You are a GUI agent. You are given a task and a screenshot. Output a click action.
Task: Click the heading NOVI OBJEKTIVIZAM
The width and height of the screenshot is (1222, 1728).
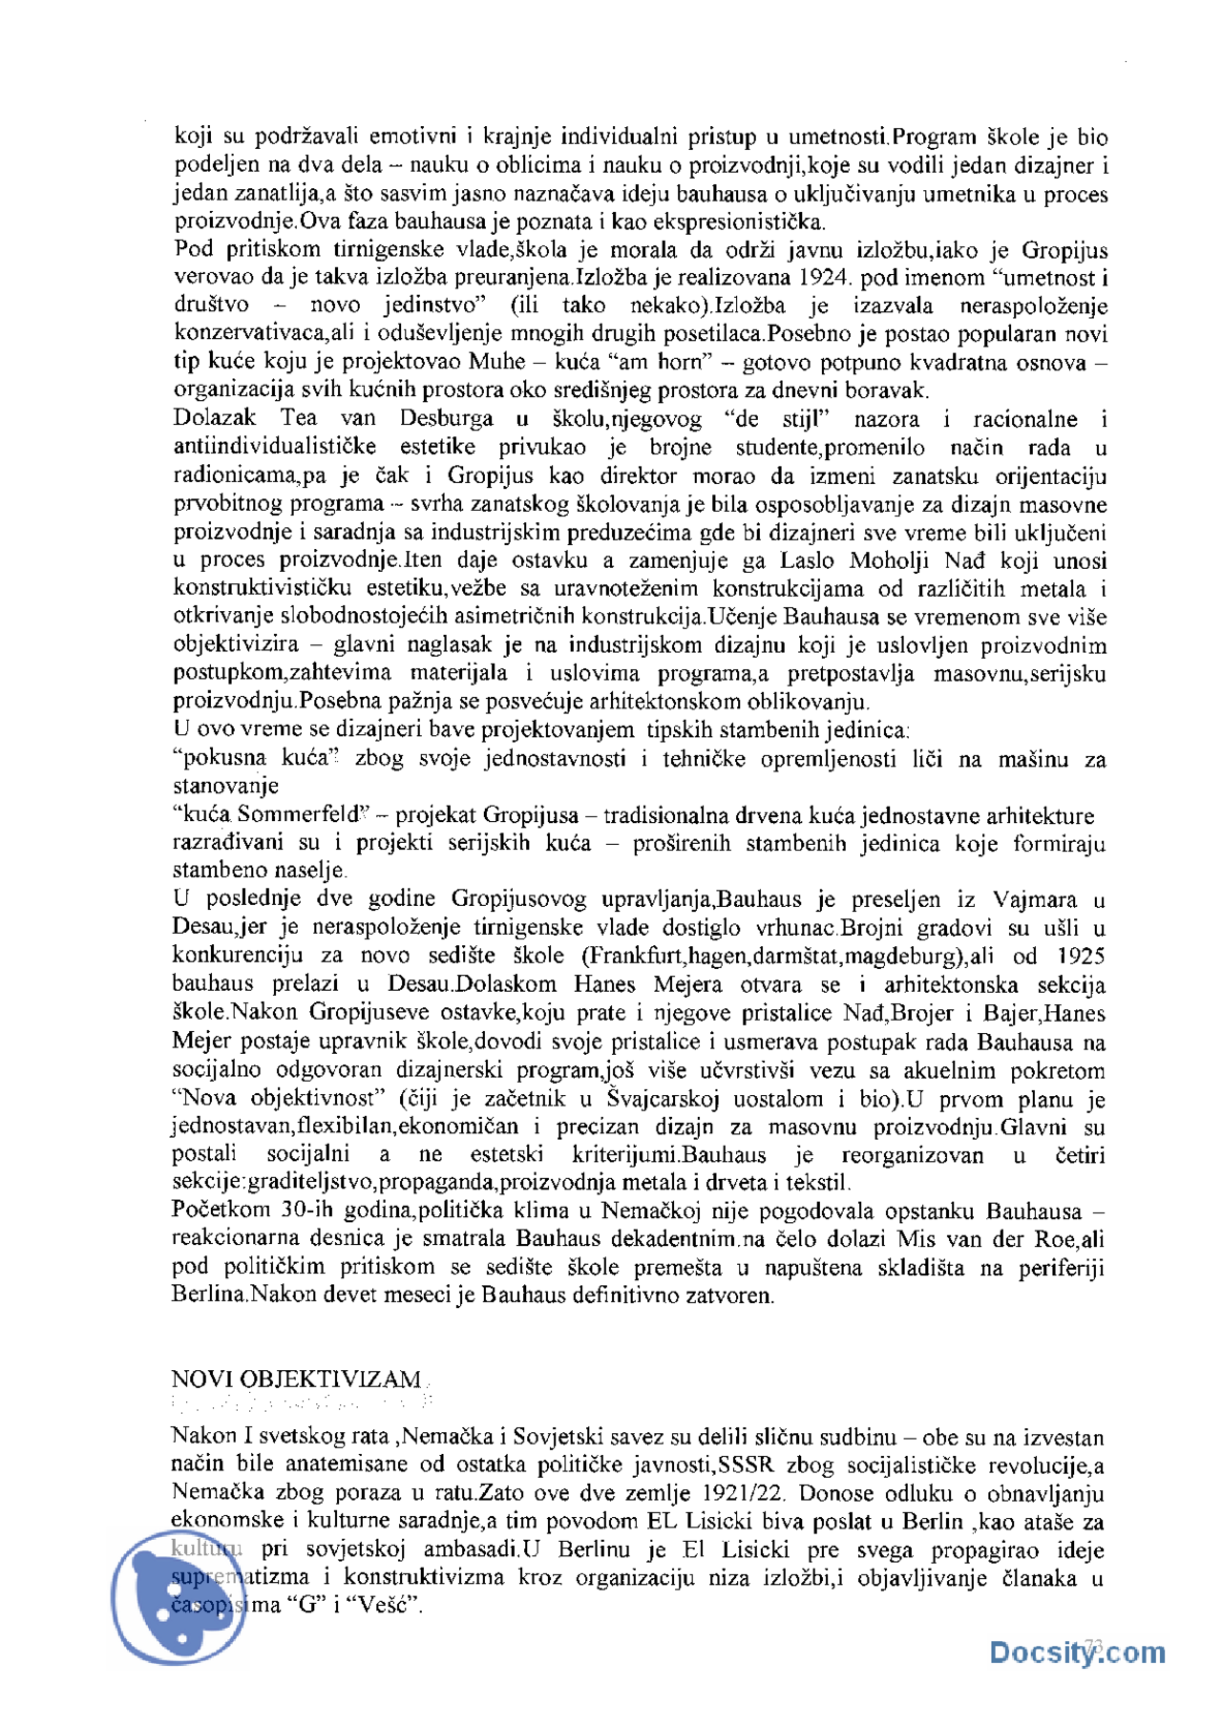tap(295, 1379)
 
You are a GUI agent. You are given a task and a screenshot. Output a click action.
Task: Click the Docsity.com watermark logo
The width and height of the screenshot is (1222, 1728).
tap(1076, 1652)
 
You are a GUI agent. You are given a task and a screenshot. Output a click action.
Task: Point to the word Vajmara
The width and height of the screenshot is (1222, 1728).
tap(1035, 899)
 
